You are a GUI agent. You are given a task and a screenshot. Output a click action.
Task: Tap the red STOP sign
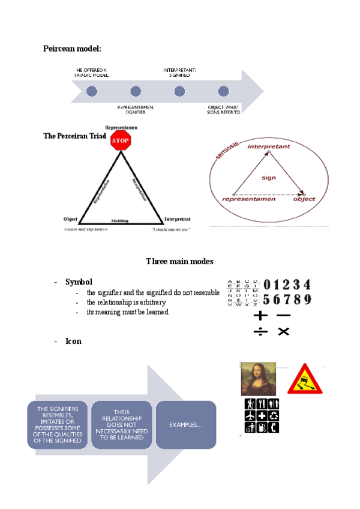point(121,140)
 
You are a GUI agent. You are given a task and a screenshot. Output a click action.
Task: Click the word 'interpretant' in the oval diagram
point(269,146)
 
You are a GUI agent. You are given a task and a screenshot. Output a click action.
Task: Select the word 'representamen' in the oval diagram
point(249,199)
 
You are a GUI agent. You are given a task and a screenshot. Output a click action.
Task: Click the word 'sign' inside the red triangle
point(268,178)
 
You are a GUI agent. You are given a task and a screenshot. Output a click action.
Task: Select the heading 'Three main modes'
point(179,262)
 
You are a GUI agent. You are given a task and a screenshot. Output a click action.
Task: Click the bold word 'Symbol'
point(79,282)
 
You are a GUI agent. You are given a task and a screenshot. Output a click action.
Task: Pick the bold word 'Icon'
point(73,342)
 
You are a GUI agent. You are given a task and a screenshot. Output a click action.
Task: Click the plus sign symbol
point(260,315)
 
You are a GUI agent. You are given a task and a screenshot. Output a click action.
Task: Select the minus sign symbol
point(284,315)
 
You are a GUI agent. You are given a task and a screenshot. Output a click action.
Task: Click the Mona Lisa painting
point(258,379)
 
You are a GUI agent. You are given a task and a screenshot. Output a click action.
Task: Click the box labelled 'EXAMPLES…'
point(186,425)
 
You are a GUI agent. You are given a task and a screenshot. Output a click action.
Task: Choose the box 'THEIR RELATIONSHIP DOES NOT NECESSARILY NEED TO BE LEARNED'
point(122,425)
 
